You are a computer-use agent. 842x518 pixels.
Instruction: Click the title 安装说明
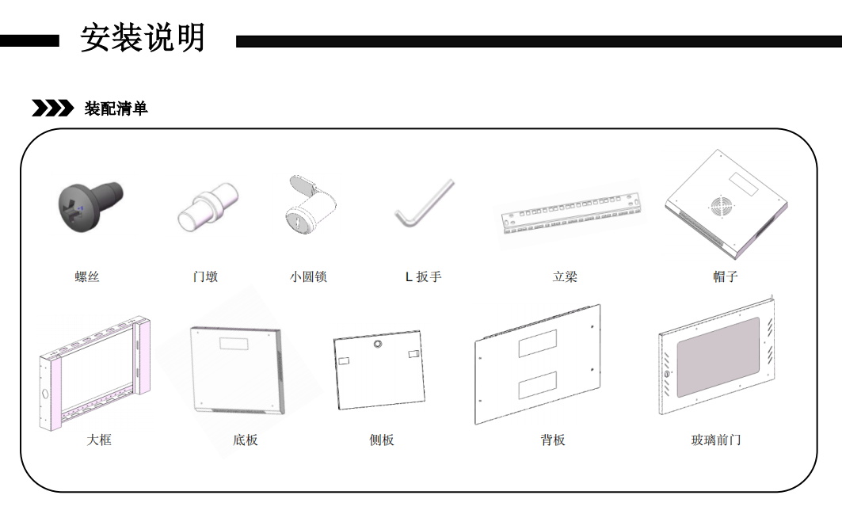143,37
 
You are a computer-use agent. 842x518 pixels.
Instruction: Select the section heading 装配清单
116,109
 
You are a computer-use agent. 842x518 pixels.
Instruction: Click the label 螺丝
87,276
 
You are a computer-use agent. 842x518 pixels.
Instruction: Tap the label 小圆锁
309,276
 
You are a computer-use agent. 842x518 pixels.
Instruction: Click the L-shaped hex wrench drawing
425,204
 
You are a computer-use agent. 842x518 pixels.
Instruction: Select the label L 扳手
424,277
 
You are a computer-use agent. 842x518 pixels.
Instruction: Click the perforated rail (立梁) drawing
570,212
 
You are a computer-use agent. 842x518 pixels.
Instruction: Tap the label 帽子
725,276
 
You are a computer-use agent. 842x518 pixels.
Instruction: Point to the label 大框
99,440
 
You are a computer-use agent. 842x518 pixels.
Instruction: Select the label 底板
246,440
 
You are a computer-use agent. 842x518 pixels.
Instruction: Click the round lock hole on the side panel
378,345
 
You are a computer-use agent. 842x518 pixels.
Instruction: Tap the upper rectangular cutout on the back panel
538,342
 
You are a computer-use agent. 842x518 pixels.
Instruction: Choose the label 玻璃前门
716,440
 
